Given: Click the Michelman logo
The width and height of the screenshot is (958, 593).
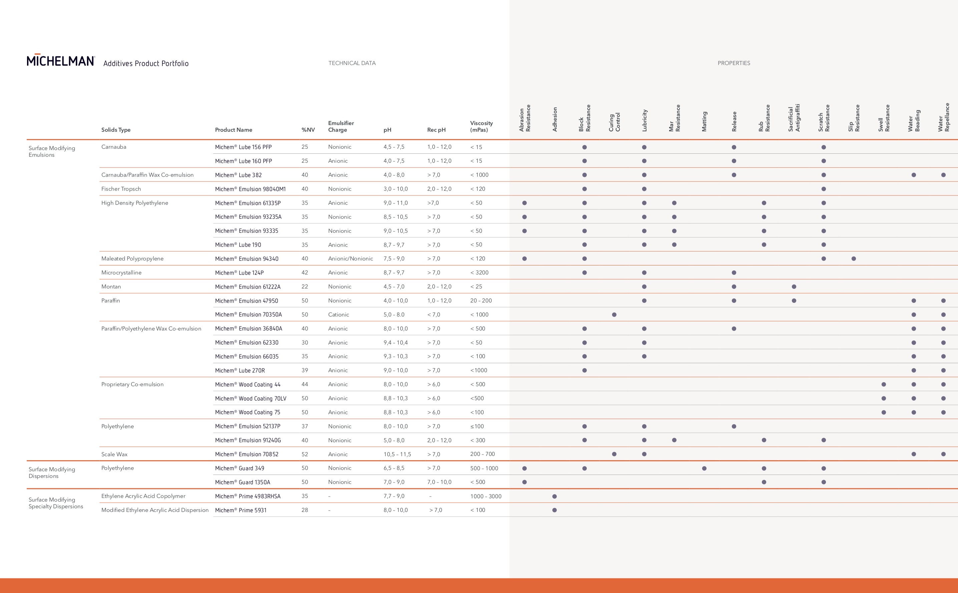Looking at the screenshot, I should click(61, 60).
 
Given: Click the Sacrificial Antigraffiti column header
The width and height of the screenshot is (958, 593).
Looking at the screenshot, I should click(794, 118).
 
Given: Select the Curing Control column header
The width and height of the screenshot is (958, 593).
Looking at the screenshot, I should click(614, 122).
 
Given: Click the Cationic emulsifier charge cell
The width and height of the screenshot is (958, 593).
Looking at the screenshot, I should click(339, 315).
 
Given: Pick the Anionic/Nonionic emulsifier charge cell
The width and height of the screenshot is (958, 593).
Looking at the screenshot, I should click(351, 258).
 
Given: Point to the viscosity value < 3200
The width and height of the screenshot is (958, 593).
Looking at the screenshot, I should click(479, 272).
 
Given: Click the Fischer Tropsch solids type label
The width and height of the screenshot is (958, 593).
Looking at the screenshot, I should click(121, 189).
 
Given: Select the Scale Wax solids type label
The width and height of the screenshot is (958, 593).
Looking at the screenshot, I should click(114, 454).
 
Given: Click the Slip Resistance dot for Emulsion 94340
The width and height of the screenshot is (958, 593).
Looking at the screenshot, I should click(854, 259).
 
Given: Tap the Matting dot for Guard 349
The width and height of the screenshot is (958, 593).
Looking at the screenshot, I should click(704, 468).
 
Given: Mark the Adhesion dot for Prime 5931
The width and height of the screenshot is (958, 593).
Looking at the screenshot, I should click(554, 510).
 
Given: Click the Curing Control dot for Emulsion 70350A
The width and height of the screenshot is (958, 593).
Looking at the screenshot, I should click(614, 315).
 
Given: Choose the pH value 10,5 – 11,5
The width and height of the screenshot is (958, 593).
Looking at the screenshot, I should click(397, 454).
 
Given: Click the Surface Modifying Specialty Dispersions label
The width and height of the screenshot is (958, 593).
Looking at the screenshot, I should click(56, 503).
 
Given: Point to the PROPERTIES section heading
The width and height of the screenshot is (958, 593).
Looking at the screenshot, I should click(734, 63).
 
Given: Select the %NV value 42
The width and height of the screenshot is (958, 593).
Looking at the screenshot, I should click(305, 272).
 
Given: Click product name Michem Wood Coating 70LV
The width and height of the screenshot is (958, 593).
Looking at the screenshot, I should click(251, 399).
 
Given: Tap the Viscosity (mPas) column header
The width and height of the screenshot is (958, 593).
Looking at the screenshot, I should click(481, 126).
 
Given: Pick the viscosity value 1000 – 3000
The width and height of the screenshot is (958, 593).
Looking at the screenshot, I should click(486, 496).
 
